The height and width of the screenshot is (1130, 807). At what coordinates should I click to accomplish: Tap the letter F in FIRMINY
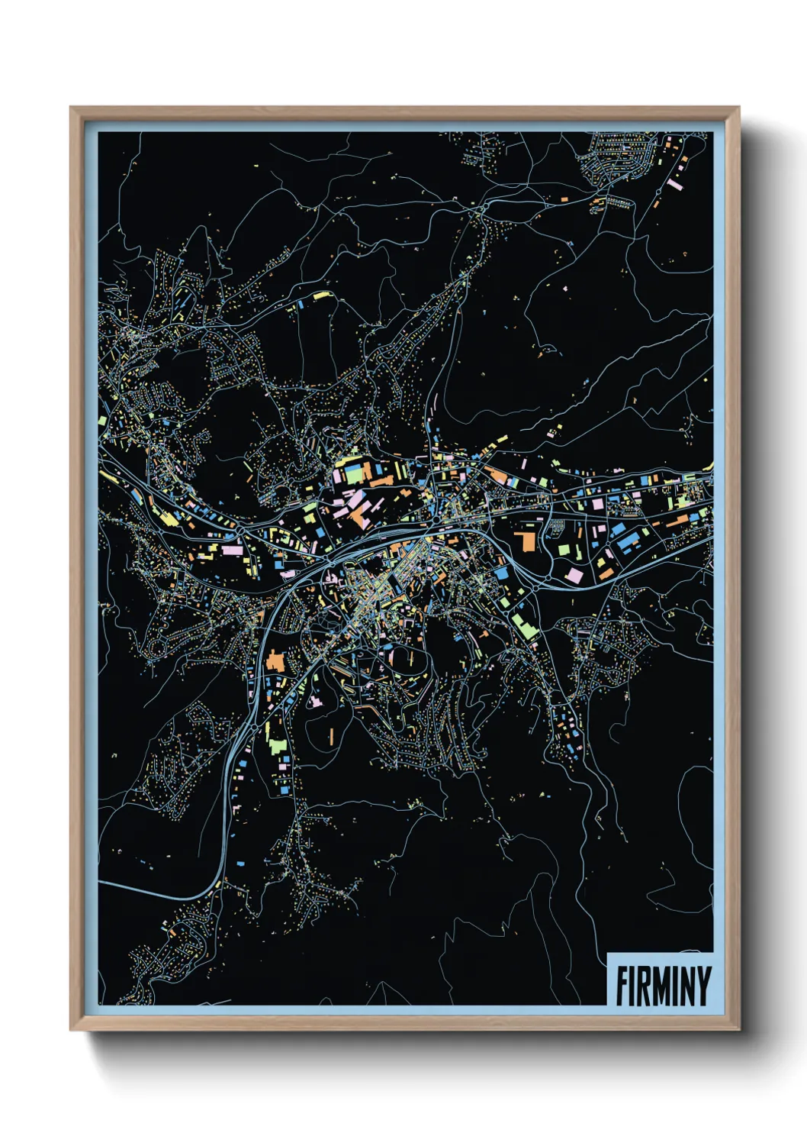(x=622, y=986)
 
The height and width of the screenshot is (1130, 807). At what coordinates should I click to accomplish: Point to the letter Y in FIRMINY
(x=703, y=986)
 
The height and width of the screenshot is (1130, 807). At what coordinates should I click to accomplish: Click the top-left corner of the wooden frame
(x=71, y=108)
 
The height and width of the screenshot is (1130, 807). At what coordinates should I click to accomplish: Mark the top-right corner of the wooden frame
(x=738, y=108)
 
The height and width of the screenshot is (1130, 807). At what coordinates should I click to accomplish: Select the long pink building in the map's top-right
(x=674, y=183)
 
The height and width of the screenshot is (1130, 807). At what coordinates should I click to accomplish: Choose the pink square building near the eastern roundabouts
(x=574, y=573)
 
